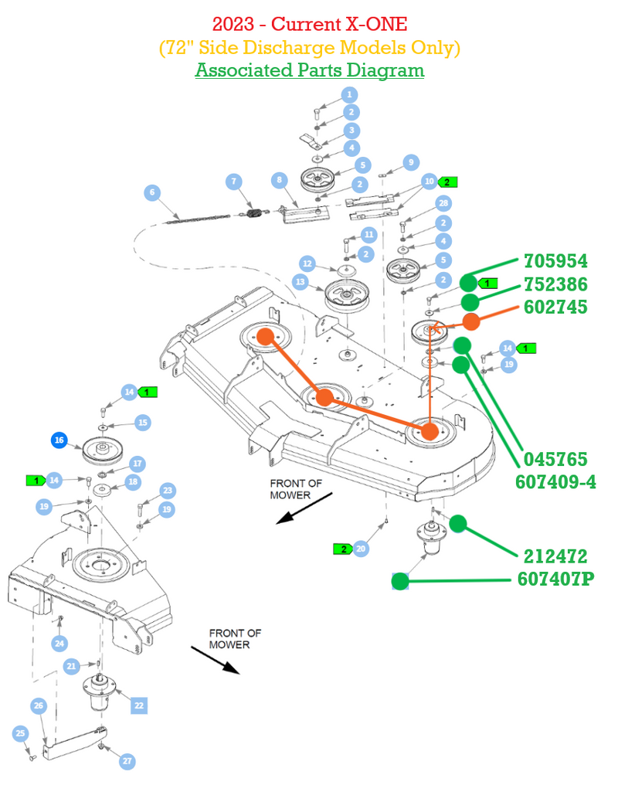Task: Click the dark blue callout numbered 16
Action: (59, 440)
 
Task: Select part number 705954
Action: (555, 261)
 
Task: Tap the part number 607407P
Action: (555, 579)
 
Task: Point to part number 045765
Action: (555, 459)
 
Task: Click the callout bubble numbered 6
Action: (152, 192)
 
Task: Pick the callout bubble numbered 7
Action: (234, 182)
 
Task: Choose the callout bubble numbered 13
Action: (301, 281)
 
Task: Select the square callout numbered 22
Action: (139, 705)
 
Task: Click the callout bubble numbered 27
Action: (127, 761)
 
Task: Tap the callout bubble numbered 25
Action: (20, 733)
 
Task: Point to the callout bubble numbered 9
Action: (411, 162)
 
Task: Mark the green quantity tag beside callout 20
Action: (343, 549)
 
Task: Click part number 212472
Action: (555, 556)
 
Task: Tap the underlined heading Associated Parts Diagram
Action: (310, 70)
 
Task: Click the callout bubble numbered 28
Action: (443, 203)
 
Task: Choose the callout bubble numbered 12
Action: (307, 263)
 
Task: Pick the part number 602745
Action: (555, 307)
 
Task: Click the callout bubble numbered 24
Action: (59, 643)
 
